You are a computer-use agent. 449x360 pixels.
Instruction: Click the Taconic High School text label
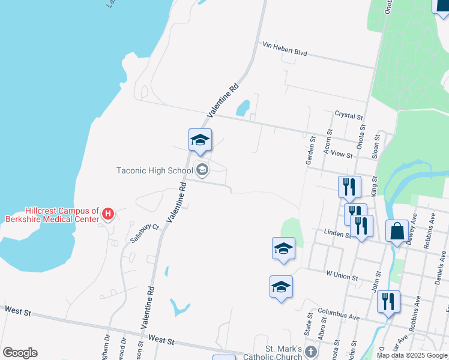click(155, 170)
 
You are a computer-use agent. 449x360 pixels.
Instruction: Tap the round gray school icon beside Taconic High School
click(202, 170)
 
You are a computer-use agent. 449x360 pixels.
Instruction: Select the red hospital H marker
click(108, 214)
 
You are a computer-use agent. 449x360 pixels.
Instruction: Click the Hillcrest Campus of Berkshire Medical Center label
click(62, 215)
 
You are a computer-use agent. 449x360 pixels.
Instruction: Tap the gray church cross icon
click(310, 352)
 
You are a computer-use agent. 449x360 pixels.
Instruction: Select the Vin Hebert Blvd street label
click(285, 49)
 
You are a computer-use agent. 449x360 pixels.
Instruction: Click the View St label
click(340, 154)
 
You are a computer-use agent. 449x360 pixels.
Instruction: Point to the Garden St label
click(310, 151)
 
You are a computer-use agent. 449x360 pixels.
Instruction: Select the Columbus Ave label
click(339, 314)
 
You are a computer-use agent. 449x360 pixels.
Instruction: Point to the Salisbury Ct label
click(145, 232)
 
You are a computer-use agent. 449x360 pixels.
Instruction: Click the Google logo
click(20, 353)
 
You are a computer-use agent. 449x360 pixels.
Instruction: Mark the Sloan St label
click(377, 146)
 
